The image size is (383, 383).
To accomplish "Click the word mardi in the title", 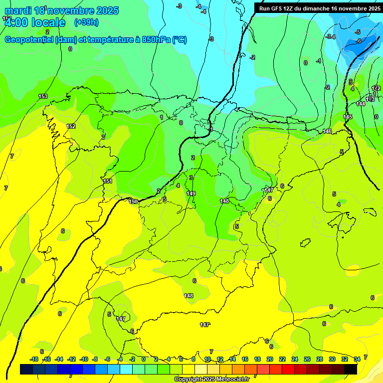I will pyautogui.click(x=20, y=10).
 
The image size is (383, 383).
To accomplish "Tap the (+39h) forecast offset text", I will pyautogui.click(x=86, y=22).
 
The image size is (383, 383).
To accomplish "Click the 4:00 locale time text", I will pyautogui.click(x=34, y=23).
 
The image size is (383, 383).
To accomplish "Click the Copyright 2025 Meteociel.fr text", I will pyautogui.click(x=211, y=379).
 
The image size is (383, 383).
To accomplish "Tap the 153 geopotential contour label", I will pyautogui.click(x=43, y=96).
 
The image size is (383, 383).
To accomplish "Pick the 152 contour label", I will pyautogui.click(x=71, y=126).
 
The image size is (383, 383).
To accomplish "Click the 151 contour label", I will pyautogui.click(x=108, y=181).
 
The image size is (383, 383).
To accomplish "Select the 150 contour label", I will pyautogui.click(x=133, y=201).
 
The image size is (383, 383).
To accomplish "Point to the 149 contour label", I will pyautogui.click(x=191, y=193).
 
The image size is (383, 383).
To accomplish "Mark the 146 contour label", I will pyautogui.click(x=327, y=131).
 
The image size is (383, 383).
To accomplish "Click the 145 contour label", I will pyautogui.click(x=348, y=117).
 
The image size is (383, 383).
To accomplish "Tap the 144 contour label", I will pyautogui.click(x=361, y=104).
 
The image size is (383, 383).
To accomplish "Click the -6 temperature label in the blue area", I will pyautogui.click(x=359, y=41).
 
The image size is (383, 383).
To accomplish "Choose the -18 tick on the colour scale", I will pyautogui.click(x=34, y=359).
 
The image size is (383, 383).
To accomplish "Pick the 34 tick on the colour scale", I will pyautogui.click(x=357, y=359).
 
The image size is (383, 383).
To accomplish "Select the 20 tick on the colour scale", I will pyautogui.click(x=270, y=359).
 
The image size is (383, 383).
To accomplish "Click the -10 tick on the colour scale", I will pyautogui.click(x=83, y=359).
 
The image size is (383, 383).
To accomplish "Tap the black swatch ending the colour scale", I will pyautogui.click(x=351, y=370).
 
